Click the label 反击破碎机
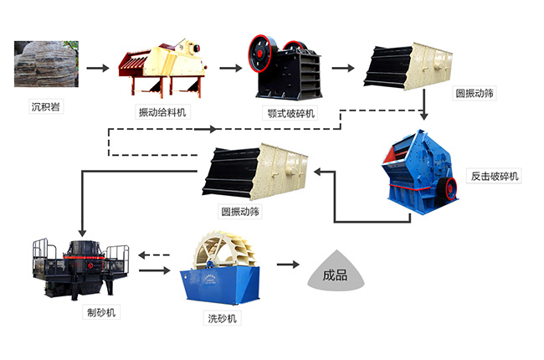point(493,177)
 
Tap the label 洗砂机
point(223,319)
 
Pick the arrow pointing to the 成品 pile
point(289,264)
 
